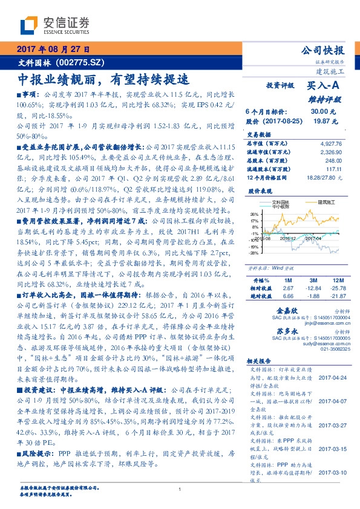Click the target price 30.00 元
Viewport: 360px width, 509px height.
pyautogui.click(x=319, y=111)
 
